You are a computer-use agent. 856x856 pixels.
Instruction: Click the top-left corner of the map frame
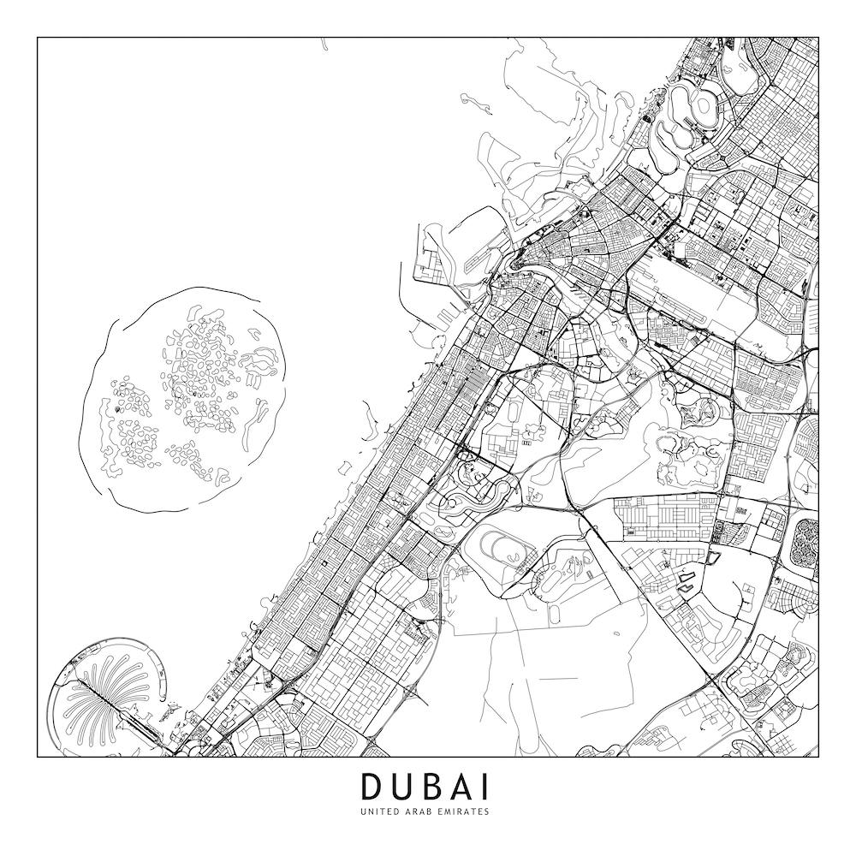click(38, 38)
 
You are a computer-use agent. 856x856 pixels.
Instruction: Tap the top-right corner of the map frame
click(818, 38)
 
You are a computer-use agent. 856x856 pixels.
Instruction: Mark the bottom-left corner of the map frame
click(38, 757)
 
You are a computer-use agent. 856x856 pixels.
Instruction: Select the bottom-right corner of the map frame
click(818, 757)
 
